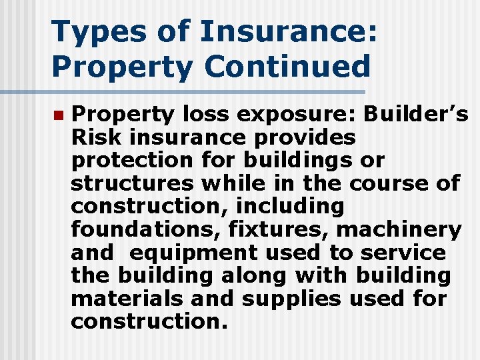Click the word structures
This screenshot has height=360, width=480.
point(131,184)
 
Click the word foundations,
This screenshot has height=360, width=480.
point(146,230)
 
